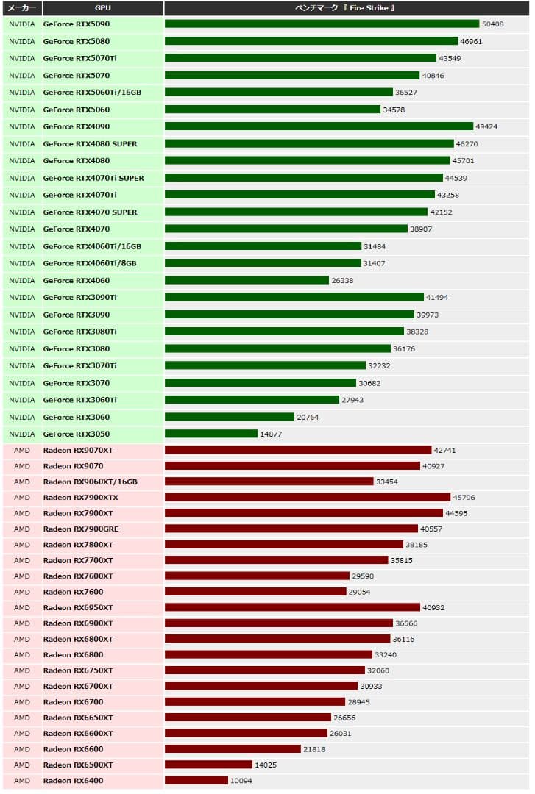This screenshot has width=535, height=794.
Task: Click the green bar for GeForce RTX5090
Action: point(322,24)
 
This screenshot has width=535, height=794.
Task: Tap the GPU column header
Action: point(103,8)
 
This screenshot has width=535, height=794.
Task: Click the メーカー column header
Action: point(22,8)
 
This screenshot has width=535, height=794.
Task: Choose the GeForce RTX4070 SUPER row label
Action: point(90,212)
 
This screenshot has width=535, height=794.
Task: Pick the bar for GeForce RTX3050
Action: point(211,434)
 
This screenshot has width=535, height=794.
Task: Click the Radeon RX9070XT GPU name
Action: point(78,450)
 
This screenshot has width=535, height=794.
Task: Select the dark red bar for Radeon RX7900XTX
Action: point(308,498)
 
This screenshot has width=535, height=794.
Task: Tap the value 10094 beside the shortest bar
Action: point(241,781)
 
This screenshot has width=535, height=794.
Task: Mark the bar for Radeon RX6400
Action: point(196,781)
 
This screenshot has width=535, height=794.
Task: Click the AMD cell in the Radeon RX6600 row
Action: point(22,749)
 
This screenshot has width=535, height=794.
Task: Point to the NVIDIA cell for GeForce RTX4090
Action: point(22,126)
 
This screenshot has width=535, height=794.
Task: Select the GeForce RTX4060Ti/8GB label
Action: point(90,263)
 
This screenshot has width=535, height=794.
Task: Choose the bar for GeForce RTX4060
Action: point(247,280)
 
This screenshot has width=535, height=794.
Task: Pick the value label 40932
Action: point(433,608)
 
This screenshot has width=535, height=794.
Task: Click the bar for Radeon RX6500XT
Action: point(208,765)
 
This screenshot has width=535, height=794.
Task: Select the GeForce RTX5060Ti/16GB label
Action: point(92,93)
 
